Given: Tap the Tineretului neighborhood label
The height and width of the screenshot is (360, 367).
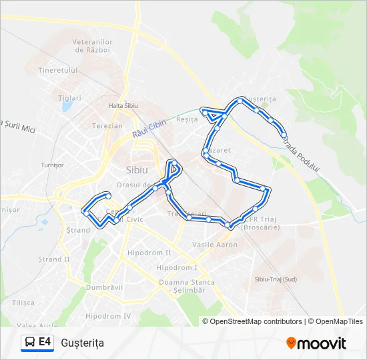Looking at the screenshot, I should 58,70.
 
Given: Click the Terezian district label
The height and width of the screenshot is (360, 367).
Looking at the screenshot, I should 107,125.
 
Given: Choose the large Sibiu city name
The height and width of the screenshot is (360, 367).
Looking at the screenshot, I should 137,169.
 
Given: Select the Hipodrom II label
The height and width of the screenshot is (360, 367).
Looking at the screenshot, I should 149,253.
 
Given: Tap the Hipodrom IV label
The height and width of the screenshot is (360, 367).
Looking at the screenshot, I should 108,315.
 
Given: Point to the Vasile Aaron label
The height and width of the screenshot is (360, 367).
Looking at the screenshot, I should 215,245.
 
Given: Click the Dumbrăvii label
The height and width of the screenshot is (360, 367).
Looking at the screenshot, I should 105,287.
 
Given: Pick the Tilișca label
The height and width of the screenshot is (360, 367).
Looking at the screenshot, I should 23,302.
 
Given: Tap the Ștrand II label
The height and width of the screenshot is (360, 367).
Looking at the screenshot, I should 54,259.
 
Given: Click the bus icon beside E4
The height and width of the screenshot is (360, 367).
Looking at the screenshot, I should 29,343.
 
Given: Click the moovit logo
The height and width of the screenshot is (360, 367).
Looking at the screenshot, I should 316,343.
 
